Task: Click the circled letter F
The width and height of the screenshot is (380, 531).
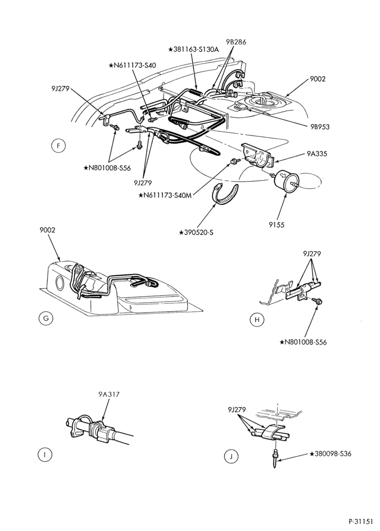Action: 58,146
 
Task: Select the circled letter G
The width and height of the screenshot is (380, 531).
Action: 46,318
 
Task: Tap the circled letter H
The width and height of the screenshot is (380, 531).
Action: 257,320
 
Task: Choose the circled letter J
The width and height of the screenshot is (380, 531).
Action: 231,457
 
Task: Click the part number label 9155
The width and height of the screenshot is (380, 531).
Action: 277,225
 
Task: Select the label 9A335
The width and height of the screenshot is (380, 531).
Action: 317,154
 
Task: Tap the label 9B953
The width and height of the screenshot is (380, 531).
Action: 320,127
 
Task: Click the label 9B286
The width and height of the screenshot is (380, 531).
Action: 236,42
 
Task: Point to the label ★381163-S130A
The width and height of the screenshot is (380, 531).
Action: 194,49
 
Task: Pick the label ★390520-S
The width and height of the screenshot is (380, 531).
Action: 196,233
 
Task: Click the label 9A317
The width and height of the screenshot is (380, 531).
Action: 109,394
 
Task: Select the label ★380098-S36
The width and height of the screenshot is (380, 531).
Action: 331,453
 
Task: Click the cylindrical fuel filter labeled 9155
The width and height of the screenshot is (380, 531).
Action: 286,182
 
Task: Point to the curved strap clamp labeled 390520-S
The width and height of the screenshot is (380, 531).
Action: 225,195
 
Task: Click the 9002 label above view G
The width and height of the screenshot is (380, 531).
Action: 47,230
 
